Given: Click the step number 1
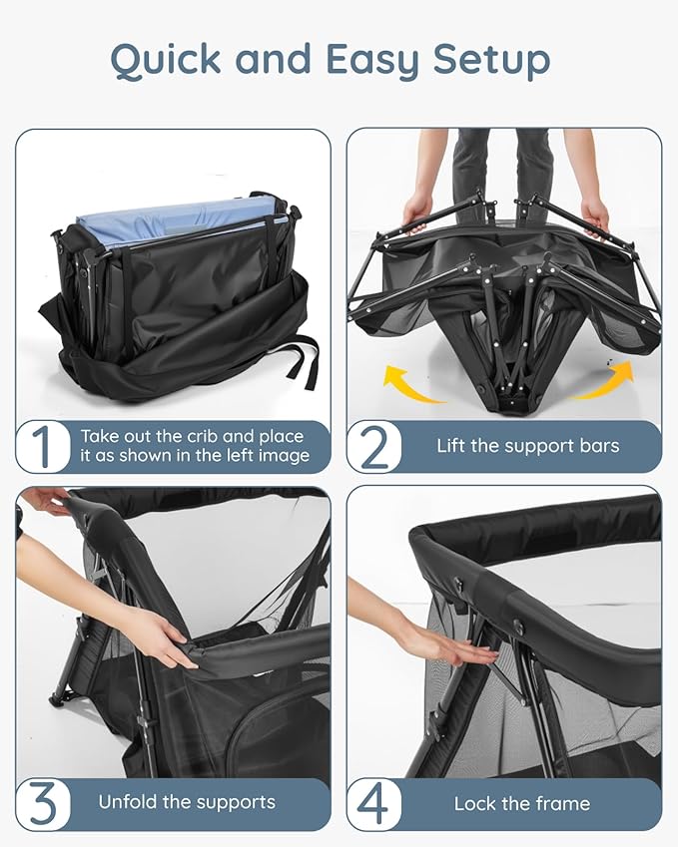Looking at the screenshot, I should (42, 447).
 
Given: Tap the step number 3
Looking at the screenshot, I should (42, 804).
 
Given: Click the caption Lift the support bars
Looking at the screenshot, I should (527, 446).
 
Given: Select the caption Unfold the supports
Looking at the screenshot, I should (187, 802).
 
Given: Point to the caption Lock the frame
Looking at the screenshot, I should (521, 803).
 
